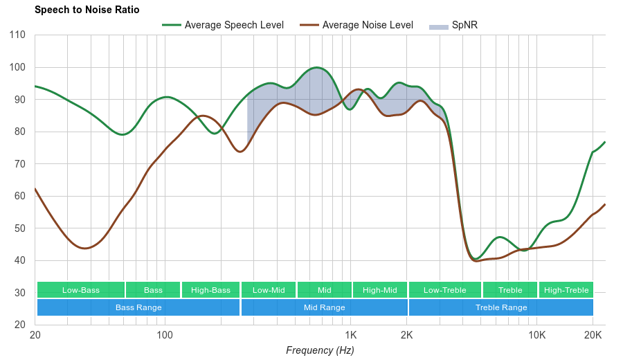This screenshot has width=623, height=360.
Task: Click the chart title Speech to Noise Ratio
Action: pyautogui.click(x=87, y=10)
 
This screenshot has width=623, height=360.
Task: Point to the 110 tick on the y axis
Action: pyautogui.click(x=18, y=35)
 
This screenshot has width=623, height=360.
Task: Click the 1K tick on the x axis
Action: pyautogui.click(x=350, y=335)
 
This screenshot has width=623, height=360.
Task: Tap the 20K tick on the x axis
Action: pyautogui.click(x=593, y=335)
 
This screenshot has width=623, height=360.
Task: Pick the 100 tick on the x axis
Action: pyautogui.click(x=164, y=335)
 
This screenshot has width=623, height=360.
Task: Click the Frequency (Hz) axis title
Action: pyautogui.click(x=320, y=350)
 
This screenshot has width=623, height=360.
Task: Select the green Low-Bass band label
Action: pyautogui.click(x=81, y=290)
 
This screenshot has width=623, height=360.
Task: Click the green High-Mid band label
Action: pyautogui.click(x=380, y=290)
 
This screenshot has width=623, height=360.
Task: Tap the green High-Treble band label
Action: pyautogui.click(x=566, y=290)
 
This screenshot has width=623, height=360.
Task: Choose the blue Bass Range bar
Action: pyautogui.click(x=138, y=307)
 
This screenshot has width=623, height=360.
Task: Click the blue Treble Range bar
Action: pyautogui.click(x=501, y=307)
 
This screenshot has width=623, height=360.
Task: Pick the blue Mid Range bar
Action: pyautogui.click(x=324, y=307)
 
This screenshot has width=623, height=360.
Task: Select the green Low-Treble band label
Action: pyautogui.click(x=444, y=290)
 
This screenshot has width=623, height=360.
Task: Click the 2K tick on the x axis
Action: pyautogui.click(x=406, y=335)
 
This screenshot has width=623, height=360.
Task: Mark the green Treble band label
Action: pyautogui.click(x=510, y=290)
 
